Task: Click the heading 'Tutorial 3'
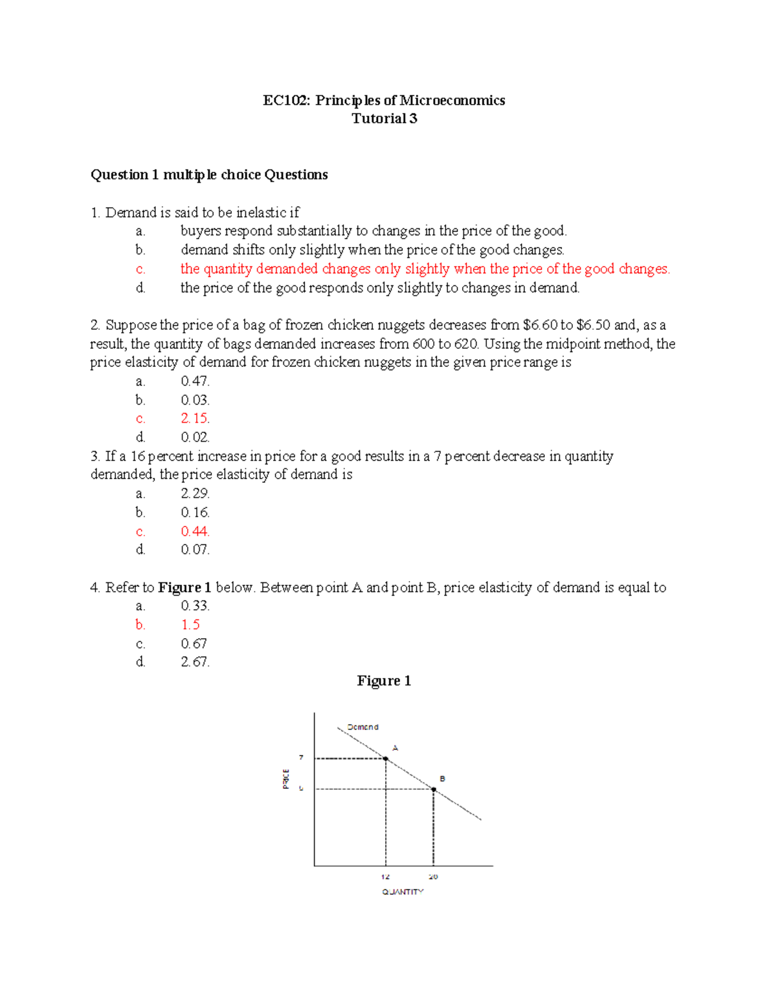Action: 384,119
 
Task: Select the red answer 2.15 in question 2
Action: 195,418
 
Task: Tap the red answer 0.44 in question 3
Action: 195,531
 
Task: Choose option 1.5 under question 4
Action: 190,625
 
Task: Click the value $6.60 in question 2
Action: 540,325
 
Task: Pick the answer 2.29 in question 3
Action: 195,493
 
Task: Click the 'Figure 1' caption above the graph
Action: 384,681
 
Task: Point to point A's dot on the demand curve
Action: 386,759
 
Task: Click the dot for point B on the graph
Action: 434,789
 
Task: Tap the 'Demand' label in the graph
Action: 363,727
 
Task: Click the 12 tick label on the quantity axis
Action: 385,877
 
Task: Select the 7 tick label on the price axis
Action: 301,757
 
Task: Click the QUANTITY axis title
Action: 402,892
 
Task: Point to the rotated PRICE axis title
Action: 286,779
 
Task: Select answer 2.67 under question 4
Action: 195,662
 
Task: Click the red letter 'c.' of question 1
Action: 140,269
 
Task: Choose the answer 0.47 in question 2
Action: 195,381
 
